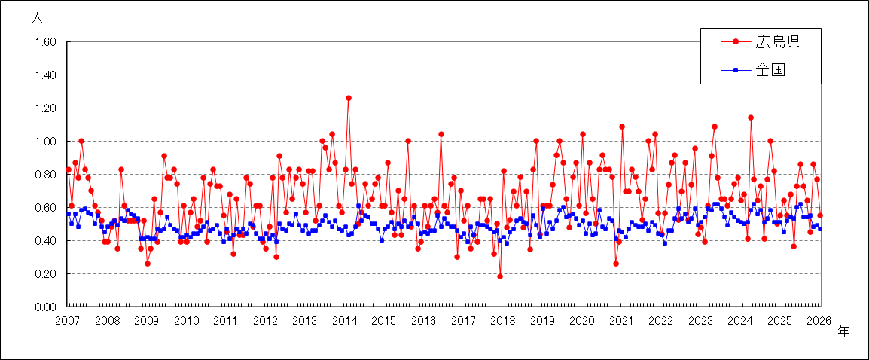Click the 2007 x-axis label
tap(67, 321)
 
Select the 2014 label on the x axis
tap(344, 321)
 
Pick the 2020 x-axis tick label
tap(581, 321)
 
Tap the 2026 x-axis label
tap(819, 321)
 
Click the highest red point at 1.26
tap(348, 98)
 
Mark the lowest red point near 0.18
tap(499, 276)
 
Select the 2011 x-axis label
tap(225, 321)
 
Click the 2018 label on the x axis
tap(502, 321)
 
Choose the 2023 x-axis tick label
tap(700, 321)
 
